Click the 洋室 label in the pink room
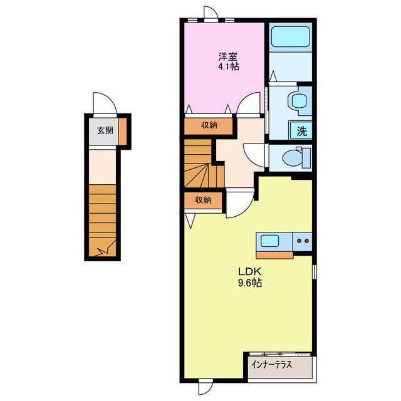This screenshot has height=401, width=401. (x=227, y=56)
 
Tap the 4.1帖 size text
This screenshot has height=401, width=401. (x=228, y=67)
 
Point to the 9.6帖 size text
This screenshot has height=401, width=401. (x=250, y=283)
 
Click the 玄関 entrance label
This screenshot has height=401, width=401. (x=105, y=131)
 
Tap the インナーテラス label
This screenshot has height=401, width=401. (x=271, y=365)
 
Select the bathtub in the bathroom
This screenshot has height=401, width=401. (x=290, y=36)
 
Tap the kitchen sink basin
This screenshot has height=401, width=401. (x=269, y=241)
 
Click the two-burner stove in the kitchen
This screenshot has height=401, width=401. (x=303, y=241)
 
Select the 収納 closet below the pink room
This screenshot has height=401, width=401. (x=209, y=125)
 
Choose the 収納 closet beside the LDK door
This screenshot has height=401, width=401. (x=203, y=200)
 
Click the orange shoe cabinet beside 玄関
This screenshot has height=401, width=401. (x=123, y=132)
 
